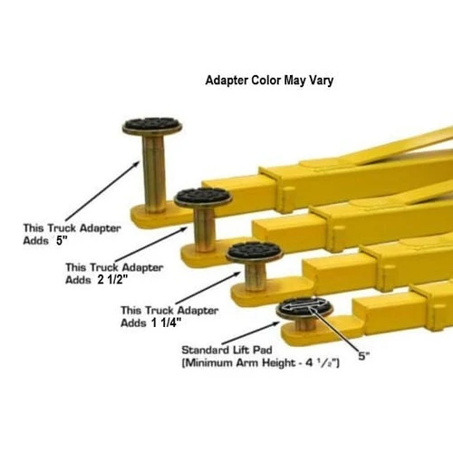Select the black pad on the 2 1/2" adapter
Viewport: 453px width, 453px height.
[203, 196]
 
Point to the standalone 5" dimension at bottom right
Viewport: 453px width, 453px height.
[363, 357]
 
